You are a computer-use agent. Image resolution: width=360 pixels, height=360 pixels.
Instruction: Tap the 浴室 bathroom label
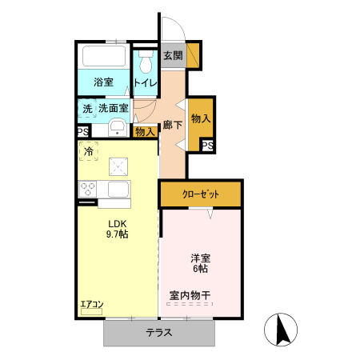pos(102,82)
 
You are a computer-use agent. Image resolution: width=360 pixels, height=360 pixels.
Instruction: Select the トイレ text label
pos(146,82)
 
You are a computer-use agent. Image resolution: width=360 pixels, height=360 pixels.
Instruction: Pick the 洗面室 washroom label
pos(113,107)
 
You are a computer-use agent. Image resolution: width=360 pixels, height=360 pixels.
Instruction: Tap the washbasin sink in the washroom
pos(117,127)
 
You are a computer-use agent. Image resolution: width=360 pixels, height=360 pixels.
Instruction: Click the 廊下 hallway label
pos(172,125)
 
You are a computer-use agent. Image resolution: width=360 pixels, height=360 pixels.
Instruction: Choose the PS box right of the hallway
pos(206,145)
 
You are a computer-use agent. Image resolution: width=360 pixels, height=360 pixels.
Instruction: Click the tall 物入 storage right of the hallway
pos(201,118)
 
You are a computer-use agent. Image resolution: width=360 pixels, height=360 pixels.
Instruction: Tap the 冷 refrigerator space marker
pos(89,150)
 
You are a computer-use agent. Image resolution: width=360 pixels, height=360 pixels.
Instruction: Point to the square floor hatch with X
pos(120,166)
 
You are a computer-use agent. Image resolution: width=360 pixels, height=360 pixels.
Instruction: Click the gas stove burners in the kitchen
pos(88,190)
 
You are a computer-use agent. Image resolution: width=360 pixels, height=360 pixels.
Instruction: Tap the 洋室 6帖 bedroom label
pos(200,264)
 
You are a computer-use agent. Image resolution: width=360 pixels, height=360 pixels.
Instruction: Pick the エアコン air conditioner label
pos(92,304)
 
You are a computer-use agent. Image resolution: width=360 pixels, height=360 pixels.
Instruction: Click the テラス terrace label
pos(159,333)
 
